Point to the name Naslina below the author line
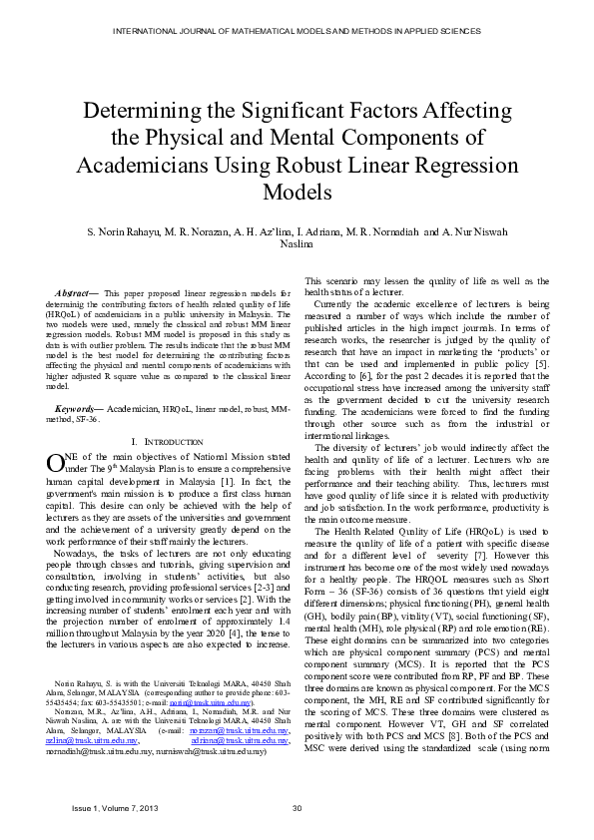297,243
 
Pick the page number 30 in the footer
297,808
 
